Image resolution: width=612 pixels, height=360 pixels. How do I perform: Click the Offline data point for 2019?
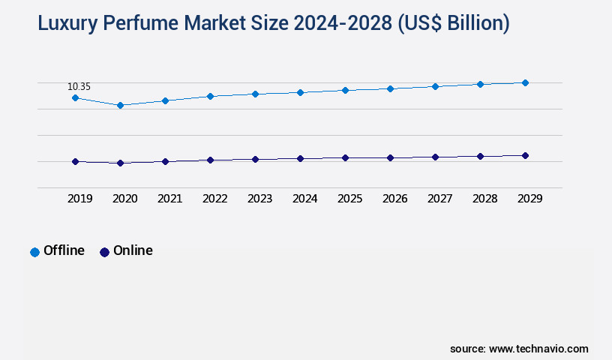(x=75, y=97)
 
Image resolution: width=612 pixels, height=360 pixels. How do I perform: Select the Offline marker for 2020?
(x=120, y=105)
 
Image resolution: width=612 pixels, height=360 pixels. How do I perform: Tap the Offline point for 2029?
(x=525, y=82)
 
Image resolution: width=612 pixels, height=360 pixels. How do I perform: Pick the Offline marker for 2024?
(x=300, y=92)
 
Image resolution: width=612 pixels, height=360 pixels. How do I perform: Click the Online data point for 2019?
(x=75, y=161)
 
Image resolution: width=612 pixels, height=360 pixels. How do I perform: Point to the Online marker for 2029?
(x=525, y=155)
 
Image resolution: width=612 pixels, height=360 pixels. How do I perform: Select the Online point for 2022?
(x=210, y=160)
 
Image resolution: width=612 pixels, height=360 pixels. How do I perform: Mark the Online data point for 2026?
(x=390, y=157)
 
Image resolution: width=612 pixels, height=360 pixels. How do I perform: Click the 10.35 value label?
(x=79, y=87)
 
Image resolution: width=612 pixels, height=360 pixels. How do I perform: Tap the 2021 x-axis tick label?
(x=169, y=199)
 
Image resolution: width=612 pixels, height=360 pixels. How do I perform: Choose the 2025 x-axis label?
(x=349, y=199)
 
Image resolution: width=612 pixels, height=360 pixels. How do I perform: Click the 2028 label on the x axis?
(x=484, y=199)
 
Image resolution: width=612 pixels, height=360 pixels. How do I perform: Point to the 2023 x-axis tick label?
(x=259, y=199)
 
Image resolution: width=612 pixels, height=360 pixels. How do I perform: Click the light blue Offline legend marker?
(x=34, y=252)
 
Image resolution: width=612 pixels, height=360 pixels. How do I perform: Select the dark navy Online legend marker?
(x=104, y=252)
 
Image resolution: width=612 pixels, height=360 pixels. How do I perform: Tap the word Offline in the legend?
(x=64, y=250)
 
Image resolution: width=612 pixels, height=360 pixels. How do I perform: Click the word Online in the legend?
(x=133, y=250)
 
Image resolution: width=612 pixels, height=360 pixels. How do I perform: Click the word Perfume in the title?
(x=145, y=24)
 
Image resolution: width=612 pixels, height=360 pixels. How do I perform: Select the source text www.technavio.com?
(x=538, y=349)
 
